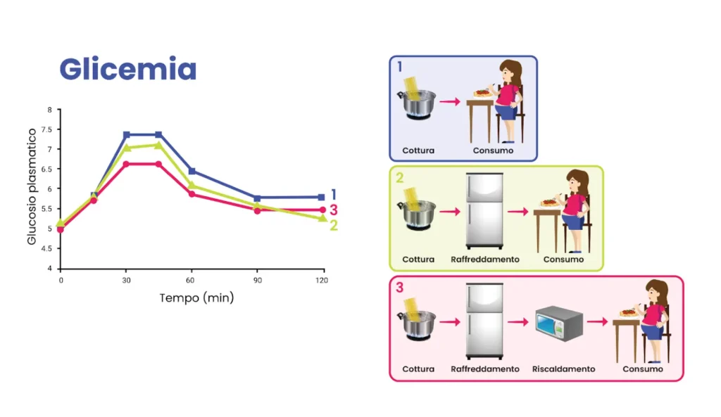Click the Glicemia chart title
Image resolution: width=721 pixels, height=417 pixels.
click(127, 70)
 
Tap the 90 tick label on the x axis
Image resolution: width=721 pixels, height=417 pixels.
click(257, 280)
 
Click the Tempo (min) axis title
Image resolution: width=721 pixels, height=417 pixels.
click(196, 297)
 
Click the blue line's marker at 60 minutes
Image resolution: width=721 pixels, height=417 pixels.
click(192, 171)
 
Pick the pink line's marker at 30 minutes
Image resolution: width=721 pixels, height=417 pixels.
click(127, 164)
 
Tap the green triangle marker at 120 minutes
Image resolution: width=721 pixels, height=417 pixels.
click(322, 218)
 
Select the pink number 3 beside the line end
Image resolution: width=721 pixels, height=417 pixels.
click(334, 210)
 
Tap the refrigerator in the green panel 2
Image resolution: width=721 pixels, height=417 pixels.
click(484, 210)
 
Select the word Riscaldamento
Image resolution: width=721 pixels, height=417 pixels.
click(563, 369)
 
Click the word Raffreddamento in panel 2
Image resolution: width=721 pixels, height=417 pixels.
click(485, 259)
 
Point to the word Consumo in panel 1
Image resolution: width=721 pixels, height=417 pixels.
click(493, 150)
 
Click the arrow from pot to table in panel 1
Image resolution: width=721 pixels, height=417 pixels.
click(450, 102)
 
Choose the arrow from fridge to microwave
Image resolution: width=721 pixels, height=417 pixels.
click(518, 323)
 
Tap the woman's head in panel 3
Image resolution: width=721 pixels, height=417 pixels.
click(656, 290)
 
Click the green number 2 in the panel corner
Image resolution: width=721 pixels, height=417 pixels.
click(399, 177)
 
